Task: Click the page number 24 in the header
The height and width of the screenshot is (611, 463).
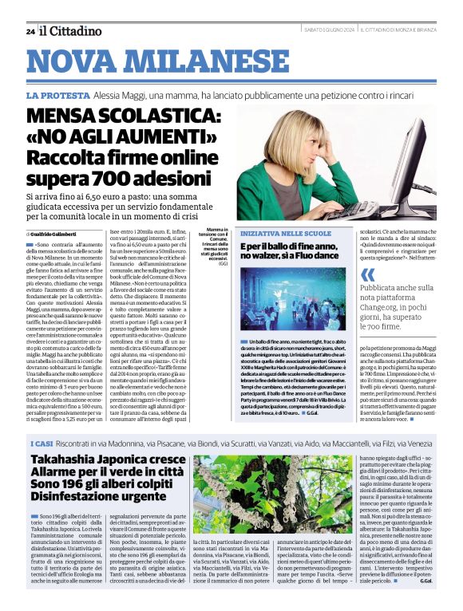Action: [30, 31]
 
